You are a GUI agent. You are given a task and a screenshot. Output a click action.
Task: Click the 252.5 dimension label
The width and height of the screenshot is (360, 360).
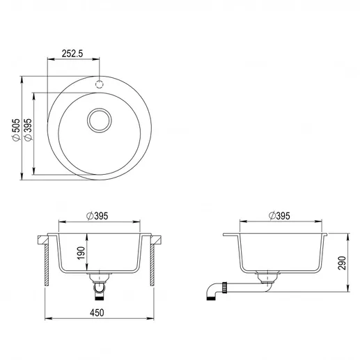(72, 54)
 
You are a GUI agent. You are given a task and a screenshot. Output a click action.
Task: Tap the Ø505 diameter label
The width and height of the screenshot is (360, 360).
(16, 130)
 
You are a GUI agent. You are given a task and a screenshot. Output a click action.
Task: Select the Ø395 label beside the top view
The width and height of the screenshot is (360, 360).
(28, 130)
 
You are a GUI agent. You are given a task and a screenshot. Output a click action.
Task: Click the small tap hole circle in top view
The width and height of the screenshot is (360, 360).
(100, 84)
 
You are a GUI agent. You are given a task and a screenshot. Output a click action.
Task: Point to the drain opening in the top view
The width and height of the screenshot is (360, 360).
(100, 120)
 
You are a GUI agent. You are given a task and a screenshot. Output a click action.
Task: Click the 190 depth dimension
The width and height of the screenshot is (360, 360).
(81, 253)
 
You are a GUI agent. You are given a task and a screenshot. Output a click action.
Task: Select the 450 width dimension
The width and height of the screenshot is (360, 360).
(97, 313)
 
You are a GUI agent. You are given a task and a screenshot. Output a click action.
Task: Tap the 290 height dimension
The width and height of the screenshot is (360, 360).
(342, 263)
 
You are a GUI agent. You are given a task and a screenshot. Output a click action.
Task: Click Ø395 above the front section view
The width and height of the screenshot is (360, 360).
(97, 216)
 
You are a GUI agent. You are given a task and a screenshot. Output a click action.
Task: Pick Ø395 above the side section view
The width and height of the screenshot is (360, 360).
(279, 216)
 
